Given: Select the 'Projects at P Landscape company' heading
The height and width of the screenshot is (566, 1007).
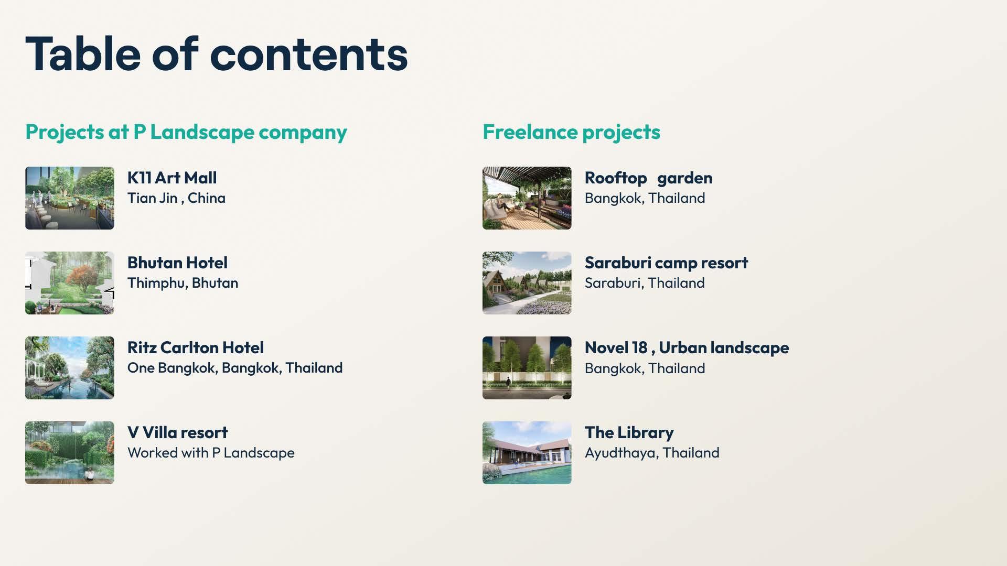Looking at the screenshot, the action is [x=186, y=132].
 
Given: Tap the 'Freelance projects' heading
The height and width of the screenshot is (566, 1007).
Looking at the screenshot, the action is [x=571, y=132].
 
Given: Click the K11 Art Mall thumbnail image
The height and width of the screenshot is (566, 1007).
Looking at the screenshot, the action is [x=70, y=198].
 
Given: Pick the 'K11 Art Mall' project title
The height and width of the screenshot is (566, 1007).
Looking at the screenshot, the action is [x=172, y=178].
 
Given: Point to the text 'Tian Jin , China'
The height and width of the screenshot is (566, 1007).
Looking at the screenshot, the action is [x=176, y=198].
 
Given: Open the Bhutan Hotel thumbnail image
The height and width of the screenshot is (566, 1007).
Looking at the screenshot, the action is [x=70, y=283].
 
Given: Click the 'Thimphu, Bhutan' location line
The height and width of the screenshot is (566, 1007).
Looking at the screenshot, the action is [x=183, y=283].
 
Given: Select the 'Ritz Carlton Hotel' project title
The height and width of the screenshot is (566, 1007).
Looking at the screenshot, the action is [x=196, y=347].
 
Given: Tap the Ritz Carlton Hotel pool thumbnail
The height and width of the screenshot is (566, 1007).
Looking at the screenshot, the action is [x=70, y=368].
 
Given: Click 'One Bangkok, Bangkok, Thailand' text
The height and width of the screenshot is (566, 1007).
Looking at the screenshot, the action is [x=235, y=368].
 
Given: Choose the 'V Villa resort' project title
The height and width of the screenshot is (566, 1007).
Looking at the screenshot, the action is [x=178, y=432].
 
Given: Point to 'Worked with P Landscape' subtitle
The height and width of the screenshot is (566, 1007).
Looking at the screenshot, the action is [x=211, y=453].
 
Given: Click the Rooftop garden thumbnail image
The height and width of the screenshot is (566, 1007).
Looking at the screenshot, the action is [x=527, y=198].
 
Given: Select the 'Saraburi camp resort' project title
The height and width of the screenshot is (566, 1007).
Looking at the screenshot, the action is [x=666, y=263].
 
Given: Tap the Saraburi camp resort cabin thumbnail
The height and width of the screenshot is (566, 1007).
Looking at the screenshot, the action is [x=527, y=283].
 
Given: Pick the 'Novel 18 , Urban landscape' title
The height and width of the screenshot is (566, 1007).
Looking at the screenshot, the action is [x=687, y=347].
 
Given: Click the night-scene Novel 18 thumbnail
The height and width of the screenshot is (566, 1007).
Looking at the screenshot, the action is [x=527, y=368].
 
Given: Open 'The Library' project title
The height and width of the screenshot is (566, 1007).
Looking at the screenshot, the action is [x=629, y=432].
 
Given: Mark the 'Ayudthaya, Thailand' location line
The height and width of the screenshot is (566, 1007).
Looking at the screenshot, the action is [x=652, y=453].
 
